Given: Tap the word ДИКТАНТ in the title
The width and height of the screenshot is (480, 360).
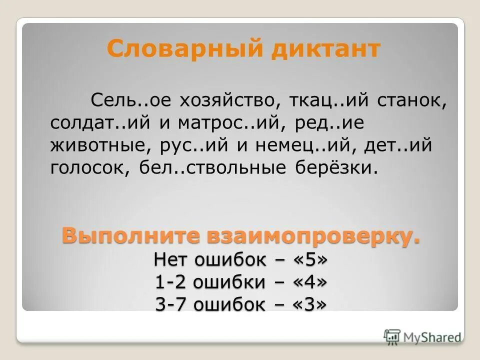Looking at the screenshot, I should (x=326, y=49).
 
